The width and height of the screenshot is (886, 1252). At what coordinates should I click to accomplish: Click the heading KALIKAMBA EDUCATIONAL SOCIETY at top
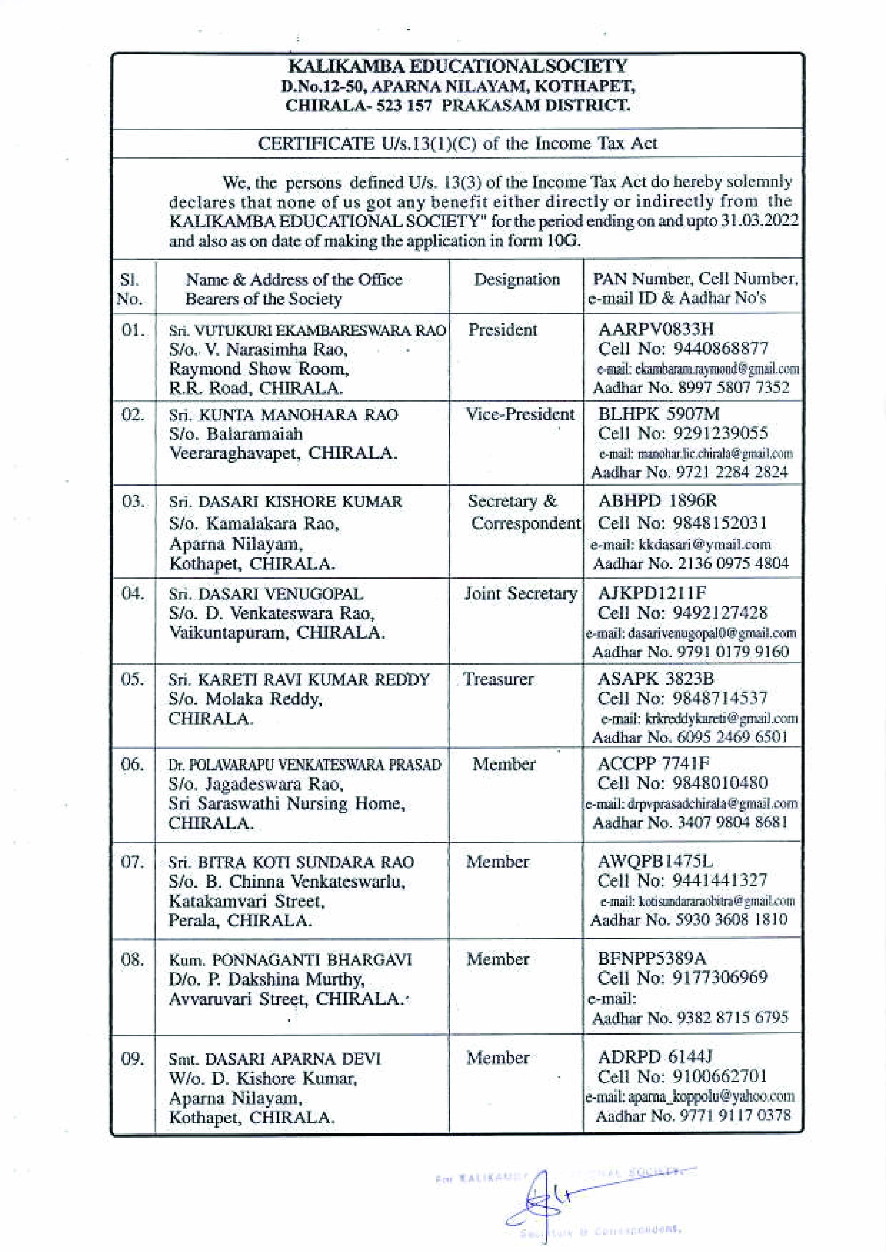[457, 67]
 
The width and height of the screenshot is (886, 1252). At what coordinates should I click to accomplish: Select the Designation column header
[516, 279]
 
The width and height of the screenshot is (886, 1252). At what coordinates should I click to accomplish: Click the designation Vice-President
[520, 415]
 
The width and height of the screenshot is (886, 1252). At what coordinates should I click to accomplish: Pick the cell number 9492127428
[720, 613]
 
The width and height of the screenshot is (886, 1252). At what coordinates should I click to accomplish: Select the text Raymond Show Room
[259, 369]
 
